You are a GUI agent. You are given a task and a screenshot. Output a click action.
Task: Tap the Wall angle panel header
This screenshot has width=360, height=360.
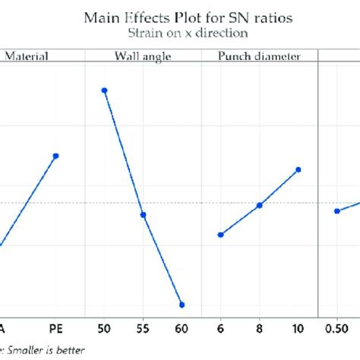click(x=143, y=55)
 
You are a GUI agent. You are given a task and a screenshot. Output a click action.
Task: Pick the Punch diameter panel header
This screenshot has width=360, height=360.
click(x=259, y=55)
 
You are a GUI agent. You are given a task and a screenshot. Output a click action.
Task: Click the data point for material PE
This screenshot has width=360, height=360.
click(x=56, y=156)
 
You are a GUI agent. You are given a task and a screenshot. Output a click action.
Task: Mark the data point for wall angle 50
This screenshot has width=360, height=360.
click(x=104, y=90)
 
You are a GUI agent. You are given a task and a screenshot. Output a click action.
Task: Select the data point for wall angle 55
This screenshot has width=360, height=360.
click(x=143, y=215)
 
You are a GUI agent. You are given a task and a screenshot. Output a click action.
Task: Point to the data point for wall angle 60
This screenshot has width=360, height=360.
click(x=182, y=305)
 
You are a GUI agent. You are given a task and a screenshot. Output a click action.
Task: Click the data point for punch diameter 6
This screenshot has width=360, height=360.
click(x=220, y=235)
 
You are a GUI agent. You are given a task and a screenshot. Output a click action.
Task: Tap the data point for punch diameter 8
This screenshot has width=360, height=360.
click(x=259, y=205)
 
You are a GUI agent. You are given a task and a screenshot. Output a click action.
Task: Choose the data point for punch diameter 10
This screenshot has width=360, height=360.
click(x=298, y=169)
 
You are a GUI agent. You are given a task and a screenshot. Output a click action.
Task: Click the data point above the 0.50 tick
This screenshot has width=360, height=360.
click(x=337, y=210)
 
